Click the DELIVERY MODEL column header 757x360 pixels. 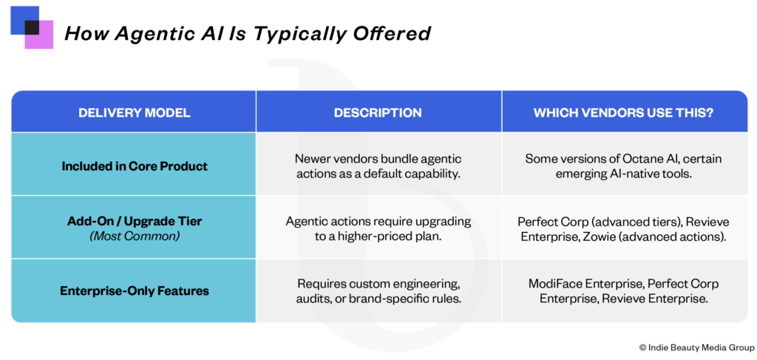[x=135, y=112]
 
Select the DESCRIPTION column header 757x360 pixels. [x=378, y=112]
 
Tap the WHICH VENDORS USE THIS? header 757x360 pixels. [x=624, y=112]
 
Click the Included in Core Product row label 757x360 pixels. [x=135, y=166]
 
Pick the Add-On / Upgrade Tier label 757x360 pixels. [x=135, y=222]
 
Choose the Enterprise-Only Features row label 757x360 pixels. [x=135, y=291]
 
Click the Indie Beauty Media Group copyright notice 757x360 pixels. [x=696, y=347]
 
